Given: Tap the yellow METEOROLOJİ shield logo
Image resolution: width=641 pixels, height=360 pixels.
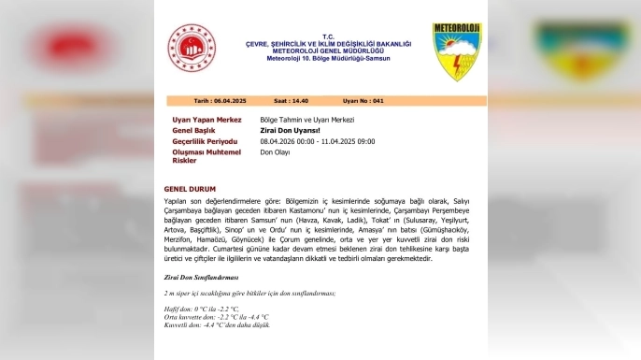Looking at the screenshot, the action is tap(456, 51).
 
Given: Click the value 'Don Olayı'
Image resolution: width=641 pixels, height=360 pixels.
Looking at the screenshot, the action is tap(275, 151).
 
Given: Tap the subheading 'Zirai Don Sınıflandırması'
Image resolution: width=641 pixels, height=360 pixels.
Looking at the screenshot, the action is tap(201, 278).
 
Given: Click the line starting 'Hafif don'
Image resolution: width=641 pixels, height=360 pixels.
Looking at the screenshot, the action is tap(201, 308).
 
